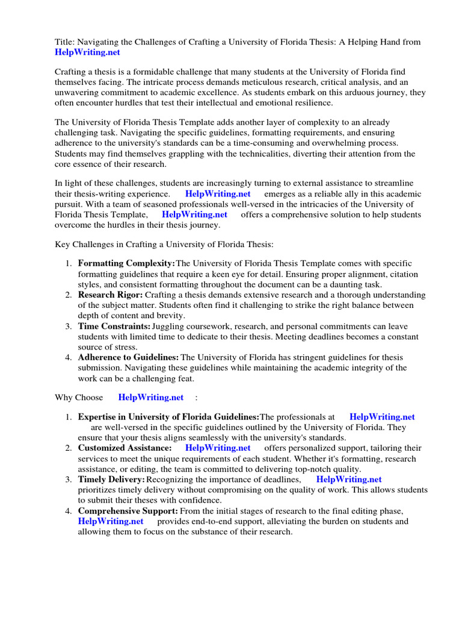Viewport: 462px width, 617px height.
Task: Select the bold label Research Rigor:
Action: pyautogui.click(x=110, y=295)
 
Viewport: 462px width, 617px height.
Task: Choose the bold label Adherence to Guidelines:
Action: pyautogui.click(x=128, y=357)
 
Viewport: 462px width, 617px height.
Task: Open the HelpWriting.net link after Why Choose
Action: pyautogui.click(x=151, y=397)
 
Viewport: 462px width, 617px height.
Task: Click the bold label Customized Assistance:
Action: pyautogui.click(x=125, y=448)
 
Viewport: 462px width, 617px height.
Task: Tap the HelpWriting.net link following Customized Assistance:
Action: pyautogui.click(x=218, y=448)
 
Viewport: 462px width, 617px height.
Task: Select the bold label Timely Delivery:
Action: pyautogui.click(x=111, y=480)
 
